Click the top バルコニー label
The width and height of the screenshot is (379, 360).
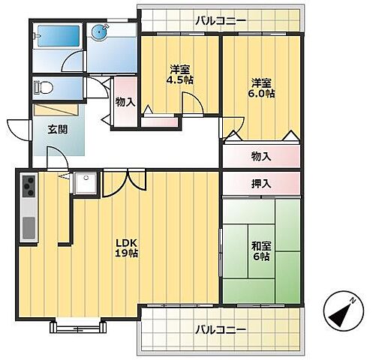[220, 20]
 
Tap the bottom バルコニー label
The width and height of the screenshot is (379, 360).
[221, 329]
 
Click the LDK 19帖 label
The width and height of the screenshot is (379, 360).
[125, 247]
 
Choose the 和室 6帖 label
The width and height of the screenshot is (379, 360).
[260, 251]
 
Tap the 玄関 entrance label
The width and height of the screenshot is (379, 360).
[57, 129]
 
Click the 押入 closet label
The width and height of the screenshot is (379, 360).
[260, 183]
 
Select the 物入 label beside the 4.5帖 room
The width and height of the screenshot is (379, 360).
[125, 103]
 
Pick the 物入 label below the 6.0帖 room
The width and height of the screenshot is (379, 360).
[260, 156]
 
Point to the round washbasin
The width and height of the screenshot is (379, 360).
[101, 31]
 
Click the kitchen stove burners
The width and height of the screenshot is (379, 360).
[29, 184]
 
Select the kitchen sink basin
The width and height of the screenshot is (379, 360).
[29, 226]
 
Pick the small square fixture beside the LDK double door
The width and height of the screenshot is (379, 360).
[83, 181]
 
